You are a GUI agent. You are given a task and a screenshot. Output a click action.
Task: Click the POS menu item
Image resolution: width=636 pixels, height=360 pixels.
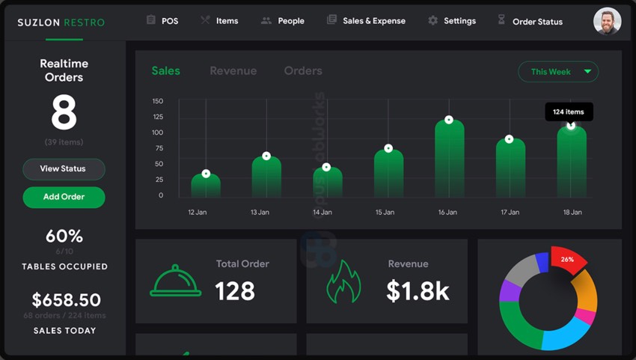162,21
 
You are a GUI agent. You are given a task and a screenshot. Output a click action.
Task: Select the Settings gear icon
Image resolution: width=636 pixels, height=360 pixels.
432,21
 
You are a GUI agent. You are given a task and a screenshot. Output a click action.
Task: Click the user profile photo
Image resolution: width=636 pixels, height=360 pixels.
607,21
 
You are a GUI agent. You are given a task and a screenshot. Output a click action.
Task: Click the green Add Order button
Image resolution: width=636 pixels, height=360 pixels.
64,197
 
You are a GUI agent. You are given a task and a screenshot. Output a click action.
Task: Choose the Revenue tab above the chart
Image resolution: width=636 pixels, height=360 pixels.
233,71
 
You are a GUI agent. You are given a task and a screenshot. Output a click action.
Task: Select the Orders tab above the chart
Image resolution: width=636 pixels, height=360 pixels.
303,71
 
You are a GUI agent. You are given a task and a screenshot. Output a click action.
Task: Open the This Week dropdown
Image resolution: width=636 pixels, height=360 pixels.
558,72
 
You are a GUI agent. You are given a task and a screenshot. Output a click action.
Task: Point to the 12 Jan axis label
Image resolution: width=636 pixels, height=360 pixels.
197,213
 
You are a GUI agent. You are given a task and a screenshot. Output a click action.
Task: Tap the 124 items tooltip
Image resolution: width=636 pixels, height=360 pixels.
569,112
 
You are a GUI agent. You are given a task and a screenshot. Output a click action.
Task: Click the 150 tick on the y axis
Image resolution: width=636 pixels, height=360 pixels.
158,101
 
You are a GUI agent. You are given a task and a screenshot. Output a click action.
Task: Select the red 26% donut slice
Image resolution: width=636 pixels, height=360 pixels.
569,260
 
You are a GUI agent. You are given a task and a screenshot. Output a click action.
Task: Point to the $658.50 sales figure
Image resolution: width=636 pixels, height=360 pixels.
66,300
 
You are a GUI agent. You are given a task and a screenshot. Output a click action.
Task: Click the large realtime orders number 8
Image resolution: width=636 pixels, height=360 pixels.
64,115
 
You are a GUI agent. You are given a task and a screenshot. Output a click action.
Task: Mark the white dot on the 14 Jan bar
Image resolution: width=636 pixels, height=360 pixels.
326,167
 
